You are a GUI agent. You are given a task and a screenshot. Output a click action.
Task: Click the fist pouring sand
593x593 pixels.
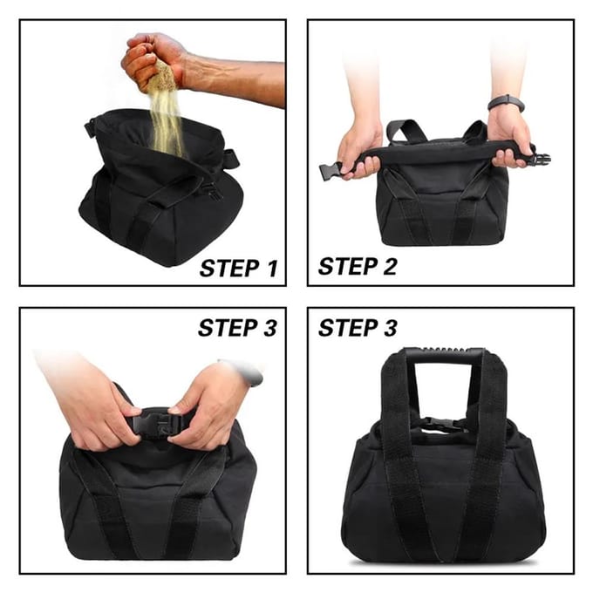point(153,60)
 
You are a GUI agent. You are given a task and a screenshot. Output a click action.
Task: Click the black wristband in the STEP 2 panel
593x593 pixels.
point(507,103)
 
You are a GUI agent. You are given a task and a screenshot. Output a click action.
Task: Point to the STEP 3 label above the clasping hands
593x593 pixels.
point(237,328)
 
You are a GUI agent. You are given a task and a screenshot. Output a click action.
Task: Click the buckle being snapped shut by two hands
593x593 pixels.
point(156,425)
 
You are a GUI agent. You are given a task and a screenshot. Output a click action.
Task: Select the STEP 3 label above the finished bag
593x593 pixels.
point(358,328)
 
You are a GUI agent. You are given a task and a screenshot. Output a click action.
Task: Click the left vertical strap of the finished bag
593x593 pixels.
point(402,453)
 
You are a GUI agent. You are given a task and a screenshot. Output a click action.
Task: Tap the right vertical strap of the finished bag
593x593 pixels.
point(484,453)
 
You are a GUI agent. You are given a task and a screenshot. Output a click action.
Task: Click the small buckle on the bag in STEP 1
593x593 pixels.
point(213,191)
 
